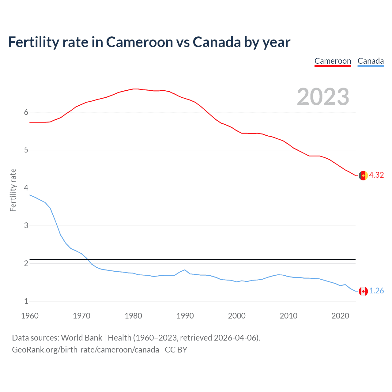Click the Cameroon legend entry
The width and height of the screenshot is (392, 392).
[333, 61]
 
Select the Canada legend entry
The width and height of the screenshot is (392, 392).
[371, 61]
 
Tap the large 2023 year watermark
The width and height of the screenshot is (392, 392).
[323, 97]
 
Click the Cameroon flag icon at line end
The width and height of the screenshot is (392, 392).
[363, 175]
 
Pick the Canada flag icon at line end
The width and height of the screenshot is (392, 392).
[363, 291]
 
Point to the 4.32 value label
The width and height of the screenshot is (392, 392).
[376, 175]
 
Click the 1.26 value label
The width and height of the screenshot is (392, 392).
[376, 291]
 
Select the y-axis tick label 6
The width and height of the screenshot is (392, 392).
[26, 112]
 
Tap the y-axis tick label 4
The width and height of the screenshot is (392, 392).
[26, 188]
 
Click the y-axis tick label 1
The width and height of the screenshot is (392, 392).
[26, 301]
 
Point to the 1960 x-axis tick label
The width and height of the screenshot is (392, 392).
[30, 316]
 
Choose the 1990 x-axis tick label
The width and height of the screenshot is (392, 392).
[185, 316]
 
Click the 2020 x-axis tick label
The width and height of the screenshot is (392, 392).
[340, 316]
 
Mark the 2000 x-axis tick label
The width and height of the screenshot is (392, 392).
[237, 316]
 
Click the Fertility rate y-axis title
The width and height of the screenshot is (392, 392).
[13, 190]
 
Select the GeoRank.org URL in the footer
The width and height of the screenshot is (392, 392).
[85, 350]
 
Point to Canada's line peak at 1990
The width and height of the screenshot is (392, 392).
[185, 270]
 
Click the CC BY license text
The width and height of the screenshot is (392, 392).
[176, 350]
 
